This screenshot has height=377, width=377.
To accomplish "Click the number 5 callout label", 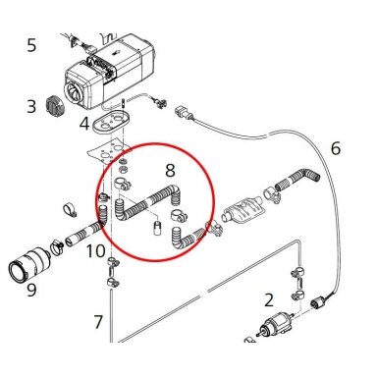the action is point(31,45).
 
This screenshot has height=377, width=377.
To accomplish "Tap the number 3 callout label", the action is point(31,106).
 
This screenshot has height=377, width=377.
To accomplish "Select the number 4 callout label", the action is point(84,124).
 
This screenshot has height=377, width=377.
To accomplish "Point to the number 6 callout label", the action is point(336,148).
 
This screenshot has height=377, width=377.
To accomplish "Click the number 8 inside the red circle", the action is point(170,170).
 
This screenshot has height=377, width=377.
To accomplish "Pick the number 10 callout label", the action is point(95,251).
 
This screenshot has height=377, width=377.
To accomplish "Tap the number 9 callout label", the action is point(31,290).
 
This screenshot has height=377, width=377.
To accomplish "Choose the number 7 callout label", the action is point(98,322).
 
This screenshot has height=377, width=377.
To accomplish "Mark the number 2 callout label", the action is point(269,300).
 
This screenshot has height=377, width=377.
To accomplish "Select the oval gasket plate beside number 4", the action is point(111,122).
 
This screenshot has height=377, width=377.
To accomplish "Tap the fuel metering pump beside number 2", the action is point(276,324).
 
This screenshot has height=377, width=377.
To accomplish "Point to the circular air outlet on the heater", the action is point(75,91).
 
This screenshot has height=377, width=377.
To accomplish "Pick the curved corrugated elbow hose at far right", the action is point(297,180).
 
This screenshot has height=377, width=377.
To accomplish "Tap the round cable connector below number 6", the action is point(318,301).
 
